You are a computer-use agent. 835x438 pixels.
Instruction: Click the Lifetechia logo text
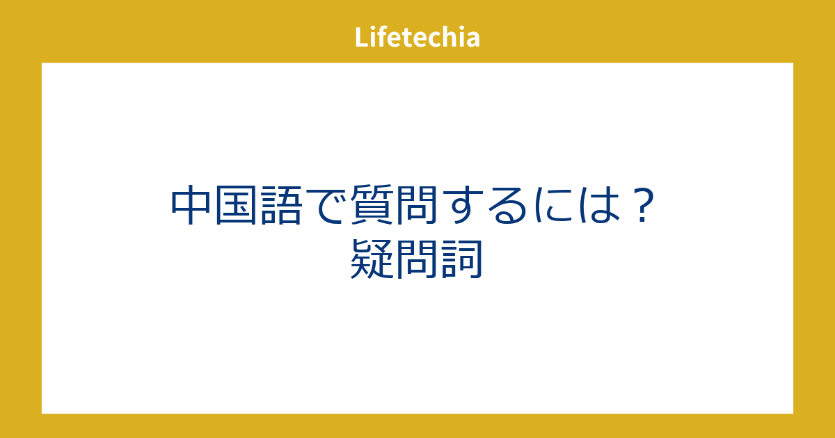tap(417, 37)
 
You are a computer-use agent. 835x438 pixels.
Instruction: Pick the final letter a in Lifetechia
tap(472, 40)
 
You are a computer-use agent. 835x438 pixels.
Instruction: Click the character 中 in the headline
tap(190, 205)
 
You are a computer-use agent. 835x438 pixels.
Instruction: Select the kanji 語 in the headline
tap(281, 205)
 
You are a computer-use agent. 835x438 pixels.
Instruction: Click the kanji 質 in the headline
tap(372, 205)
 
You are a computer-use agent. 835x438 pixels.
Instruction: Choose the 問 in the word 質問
tap(417, 205)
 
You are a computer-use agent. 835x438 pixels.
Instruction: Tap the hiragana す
tap(465, 205)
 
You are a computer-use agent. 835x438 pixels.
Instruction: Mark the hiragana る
tap(507, 206)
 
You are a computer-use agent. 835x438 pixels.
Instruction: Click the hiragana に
tap(554, 205)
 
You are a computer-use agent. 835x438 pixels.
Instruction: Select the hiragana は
tap(598, 205)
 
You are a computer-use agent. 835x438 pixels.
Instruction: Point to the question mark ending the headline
tap(643, 205)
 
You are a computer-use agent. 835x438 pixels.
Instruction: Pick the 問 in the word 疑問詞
tap(417, 259)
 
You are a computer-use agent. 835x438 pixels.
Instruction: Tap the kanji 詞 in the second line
tap(462, 259)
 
